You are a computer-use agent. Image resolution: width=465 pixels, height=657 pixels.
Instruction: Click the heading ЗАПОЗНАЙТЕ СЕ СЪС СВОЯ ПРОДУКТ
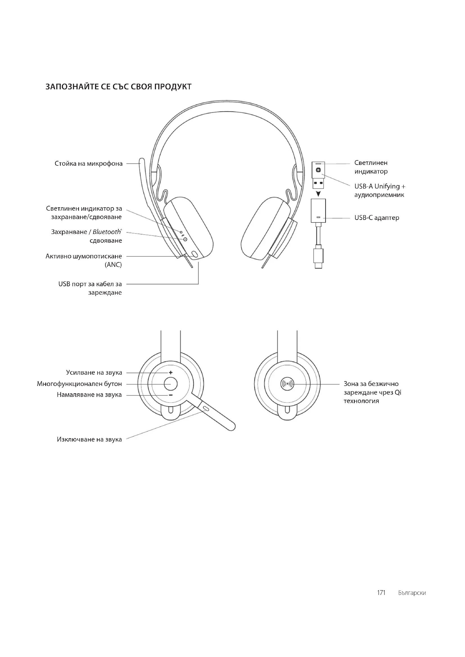click(x=118, y=87)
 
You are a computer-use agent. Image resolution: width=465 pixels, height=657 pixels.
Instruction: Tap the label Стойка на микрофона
click(x=89, y=164)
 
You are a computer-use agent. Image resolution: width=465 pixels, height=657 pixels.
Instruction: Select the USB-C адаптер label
click(x=376, y=218)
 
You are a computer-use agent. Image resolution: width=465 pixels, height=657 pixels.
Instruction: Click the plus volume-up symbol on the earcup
click(x=171, y=372)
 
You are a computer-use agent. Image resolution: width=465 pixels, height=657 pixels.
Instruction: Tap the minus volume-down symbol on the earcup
click(x=171, y=395)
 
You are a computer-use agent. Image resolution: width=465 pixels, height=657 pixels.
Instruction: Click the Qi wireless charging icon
click(x=287, y=384)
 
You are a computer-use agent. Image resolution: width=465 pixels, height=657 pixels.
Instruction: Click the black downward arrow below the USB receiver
click(x=318, y=194)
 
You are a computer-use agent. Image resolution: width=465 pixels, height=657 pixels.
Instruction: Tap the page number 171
click(x=381, y=593)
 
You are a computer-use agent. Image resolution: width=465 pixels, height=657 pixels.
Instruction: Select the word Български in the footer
click(x=412, y=593)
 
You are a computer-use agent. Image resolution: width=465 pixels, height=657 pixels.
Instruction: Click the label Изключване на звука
click(x=89, y=439)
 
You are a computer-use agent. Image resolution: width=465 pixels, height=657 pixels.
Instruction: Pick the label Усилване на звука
click(x=94, y=372)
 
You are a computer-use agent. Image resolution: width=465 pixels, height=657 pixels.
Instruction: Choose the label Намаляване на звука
click(x=89, y=395)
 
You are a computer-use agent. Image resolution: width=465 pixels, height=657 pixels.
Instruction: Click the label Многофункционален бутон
click(x=79, y=384)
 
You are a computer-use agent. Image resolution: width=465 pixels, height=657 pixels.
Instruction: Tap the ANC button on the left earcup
click(x=195, y=254)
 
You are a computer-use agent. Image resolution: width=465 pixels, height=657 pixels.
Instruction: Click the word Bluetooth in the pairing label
click(x=107, y=232)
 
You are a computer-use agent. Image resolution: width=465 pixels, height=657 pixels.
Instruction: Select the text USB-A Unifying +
click(x=380, y=187)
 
